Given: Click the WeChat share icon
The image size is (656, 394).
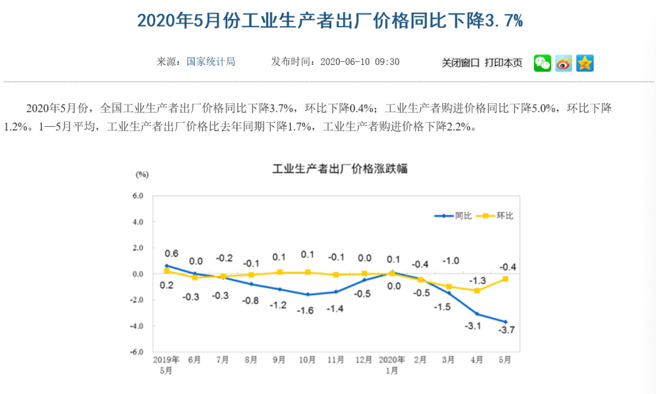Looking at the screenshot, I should (542, 63).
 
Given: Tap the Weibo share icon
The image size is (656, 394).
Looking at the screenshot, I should (564, 63).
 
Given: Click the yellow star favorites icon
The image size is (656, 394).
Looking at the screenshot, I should (585, 63).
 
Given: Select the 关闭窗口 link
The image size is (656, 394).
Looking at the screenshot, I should (460, 63).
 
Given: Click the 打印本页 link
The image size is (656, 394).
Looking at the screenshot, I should (504, 63).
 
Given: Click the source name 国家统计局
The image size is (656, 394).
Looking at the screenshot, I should (211, 61).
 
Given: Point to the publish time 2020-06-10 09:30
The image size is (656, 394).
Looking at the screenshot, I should (360, 61).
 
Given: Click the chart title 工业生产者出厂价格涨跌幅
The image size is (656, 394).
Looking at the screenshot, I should (340, 168).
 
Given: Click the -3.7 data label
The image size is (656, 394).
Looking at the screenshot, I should (507, 330).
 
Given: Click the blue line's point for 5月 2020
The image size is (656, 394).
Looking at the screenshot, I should (505, 322).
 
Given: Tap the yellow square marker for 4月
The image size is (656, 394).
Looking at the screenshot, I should (477, 291).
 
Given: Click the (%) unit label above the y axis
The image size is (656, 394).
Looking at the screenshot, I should (142, 174).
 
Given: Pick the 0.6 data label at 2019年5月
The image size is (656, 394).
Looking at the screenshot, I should (172, 254).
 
